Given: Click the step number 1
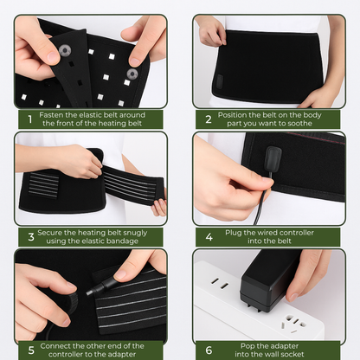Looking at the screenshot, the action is pyautogui.click(x=29, y=119).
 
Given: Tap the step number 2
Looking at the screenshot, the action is pyautogui.click(x=209, y=119).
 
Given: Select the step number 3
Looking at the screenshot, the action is pyautogui.click(x=31, y=237).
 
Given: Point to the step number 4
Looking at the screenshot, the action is pyautogui.click(x=209, y=237).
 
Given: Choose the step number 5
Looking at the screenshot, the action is pyautogui.click(x=31, y=350).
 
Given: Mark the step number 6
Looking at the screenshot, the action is pyautogui.click(x=209, y=350).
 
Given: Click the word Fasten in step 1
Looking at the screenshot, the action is pyautogui.click(x=51, y=115).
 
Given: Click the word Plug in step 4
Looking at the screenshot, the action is pyautogui.click(x=233, y=233).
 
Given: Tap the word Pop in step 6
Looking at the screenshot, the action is pyautogui.click(x=247, y=346).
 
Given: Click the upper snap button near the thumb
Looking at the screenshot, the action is pyautogui.click(x=65, y=51).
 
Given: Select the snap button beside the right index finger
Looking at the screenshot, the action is pyautogui.click(x=132, y=74).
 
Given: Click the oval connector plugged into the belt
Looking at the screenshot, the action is pyautogui.click(x=273, y=158).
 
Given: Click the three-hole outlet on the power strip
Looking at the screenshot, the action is pyautogui.click(x=293, y=323).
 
